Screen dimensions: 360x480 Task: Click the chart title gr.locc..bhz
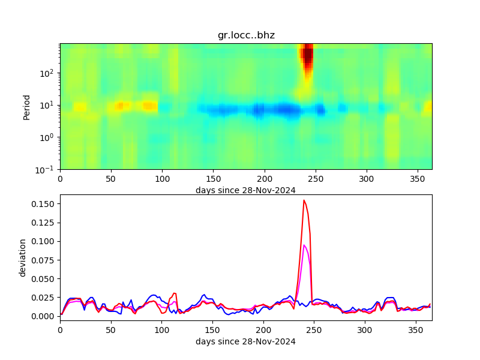pyautogui.click(x=246, y=35)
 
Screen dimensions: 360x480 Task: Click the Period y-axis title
pyautogui.click(x=26, y=106)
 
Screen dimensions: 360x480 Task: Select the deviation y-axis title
pyautogui.click(x=23, y=257)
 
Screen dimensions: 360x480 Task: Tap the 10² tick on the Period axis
pyautogui.click(x=49, y=73)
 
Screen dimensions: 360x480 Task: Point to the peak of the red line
pyautogui.click(x=304, y=200)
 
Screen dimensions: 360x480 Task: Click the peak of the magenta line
pyautogui.click(x=304, y=245)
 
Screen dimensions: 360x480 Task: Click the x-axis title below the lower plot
pyautogui.click(x=245, y=341)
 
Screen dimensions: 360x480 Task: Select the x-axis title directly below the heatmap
pyautogui.click(x=245, y=190)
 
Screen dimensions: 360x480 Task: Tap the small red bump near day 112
pyautogui.click(x=175, y=293)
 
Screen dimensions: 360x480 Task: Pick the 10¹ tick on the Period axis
pyautogui.click(x=49, y=105)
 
